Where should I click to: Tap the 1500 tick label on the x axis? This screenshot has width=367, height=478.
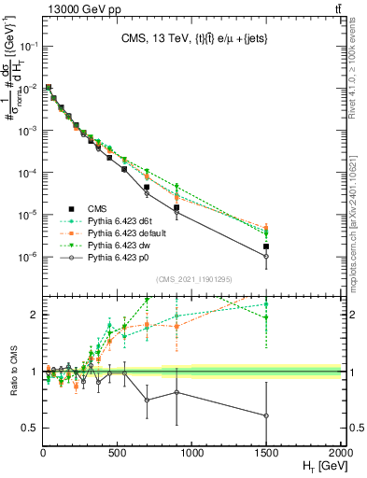click(x=267, y=452)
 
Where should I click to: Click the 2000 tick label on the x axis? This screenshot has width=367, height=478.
click(x=341, y=452)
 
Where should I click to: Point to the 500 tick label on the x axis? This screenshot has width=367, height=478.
click(x=118, y=452)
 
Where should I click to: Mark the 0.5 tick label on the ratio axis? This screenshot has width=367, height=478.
click(x=31, y=428)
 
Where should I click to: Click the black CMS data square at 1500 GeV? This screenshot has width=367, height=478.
click(x=267, y=246)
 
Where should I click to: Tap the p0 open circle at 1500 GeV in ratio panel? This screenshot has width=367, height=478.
click(x=267, y=415)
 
